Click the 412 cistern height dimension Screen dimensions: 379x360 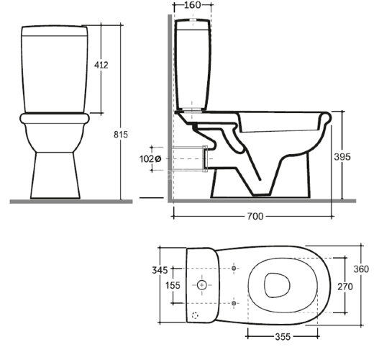click(101, 65)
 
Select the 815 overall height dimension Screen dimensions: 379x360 click(121, 135)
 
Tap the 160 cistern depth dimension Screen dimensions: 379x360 click(193, 5)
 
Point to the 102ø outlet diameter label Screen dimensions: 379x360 click(150, 159)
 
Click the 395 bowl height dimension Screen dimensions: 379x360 click(342, 157)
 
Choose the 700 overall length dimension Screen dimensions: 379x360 click(255, 216)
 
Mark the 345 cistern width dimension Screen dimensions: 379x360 click(160, 270)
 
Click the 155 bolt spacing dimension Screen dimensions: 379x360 click(173, 286)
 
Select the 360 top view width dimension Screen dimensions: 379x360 click(361, 269)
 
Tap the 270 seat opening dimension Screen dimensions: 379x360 click(345, 287)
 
